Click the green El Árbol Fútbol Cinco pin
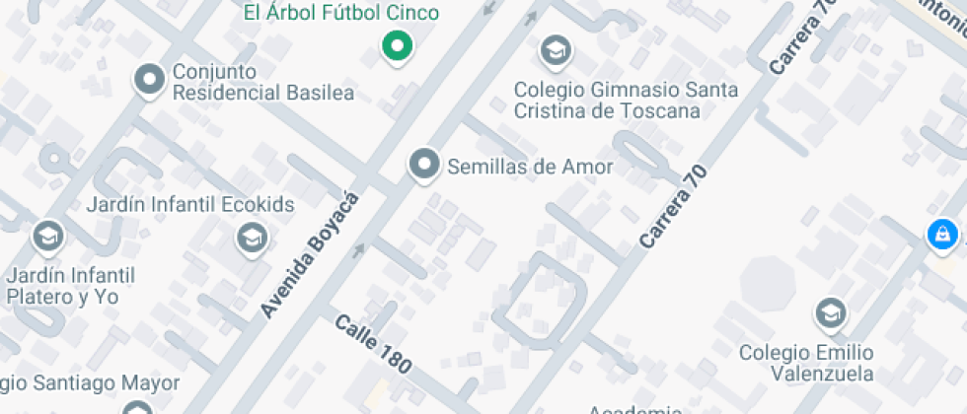pyautogui.click(x=397, y=45)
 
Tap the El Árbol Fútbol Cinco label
pyautogui.click(x=341, y=13)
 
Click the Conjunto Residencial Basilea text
pyautogui.click(x=262, y=83)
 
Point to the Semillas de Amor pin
pyautogui.click(x=424, y=165)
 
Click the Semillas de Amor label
pyautogui.click(x=530, y=167)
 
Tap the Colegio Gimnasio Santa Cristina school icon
pyautogui.click(x=556, y=49)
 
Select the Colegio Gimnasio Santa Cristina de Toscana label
pyautogui.click(x=625, y=100)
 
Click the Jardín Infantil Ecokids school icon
pyautogui.click(x=252, y=237)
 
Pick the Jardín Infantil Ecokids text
pyautogui.click(x=189, y=205)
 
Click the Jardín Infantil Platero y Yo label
pyautogui.click(x=69, y=285)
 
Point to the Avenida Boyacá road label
pyautogui.click(x=307, y=255)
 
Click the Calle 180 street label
pyautogui.click(x=372, y=343)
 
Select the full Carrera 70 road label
pyautogui.click(x=674, y=205)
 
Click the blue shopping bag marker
pyautogui.click(x=942, y=235)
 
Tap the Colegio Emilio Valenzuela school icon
pyautogui.click(x=830, y=313)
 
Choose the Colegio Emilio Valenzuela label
pyautogui.click(x=806, y=363)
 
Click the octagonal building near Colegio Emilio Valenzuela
pyautogui.click(x=768, y=284)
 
